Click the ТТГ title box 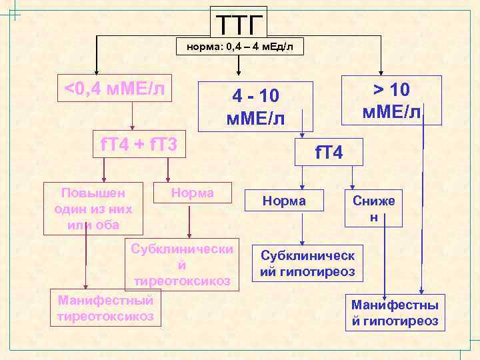pyautogui.click(x=239, y=24)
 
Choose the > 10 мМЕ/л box pyautogui.click(x=391, y=100)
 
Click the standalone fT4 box pyautogui.click(x=329, y=153)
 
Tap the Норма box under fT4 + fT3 pyautogui.click(x=193, y=193)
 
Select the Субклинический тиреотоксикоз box pyautogui.click(x=182, y=265)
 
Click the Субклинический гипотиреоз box pyautogui.click(x=307, y=264)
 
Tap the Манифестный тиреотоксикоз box pyautogui.click(x=105, y=307)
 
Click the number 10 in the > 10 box pyautogui.click(x=401, y=89)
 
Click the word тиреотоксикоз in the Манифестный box pyautogui.click(x=105, y=315)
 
